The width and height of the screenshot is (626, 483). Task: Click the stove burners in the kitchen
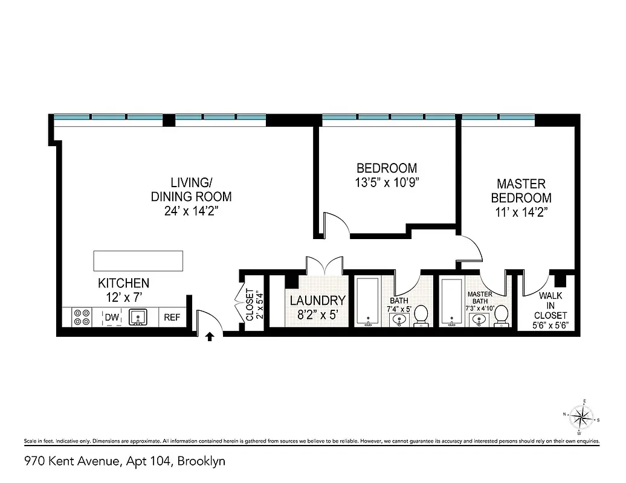[82, 317]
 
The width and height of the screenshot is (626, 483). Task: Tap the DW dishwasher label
[111, 318]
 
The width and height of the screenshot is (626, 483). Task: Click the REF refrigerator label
[172, 318]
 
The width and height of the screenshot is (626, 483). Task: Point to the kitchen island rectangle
[138, 260]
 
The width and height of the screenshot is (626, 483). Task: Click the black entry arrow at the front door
[210, 336]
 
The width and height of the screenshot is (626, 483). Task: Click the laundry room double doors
[324, 266]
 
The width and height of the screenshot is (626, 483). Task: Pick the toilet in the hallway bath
[421, 315]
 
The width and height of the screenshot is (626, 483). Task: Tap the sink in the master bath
[480, 318]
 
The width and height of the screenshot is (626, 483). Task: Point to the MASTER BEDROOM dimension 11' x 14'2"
[521, 212]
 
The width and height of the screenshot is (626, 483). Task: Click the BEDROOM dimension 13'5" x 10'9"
[387, 182]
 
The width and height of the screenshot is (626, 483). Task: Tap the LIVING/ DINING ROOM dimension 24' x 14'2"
[191, 211]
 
